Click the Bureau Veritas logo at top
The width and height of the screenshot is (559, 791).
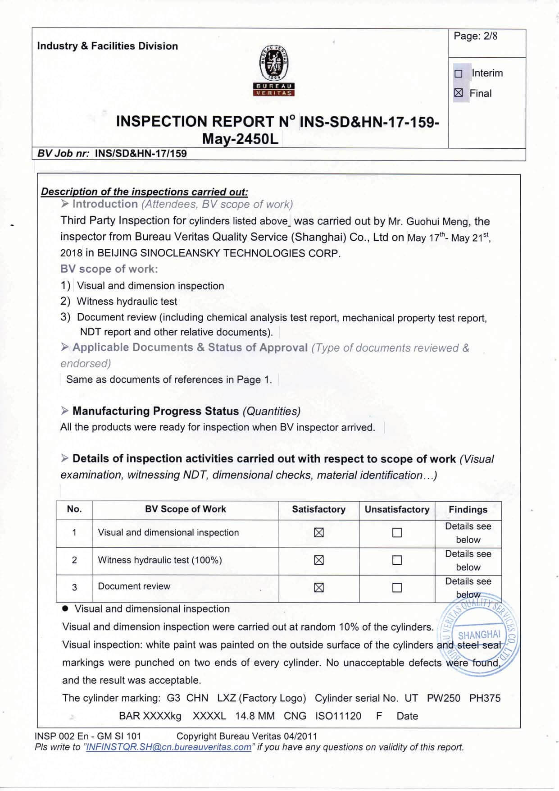click(274, 70)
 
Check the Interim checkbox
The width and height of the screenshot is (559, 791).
click(459, 73)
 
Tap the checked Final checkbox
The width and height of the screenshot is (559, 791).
click(459, 93)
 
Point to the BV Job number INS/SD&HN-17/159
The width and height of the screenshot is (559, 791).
click(141, 154)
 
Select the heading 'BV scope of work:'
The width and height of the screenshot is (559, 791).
click(109, 269)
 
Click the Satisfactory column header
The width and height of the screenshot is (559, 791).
click(318, 509)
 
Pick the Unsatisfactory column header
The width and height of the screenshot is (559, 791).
click(397, 509)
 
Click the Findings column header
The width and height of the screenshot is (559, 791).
click(468, 509)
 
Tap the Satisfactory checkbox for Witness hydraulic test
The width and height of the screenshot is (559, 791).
click(319, 560)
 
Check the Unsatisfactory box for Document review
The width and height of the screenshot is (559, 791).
click(397, 588)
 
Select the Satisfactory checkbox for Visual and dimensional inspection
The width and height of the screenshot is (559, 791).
click(319, 533)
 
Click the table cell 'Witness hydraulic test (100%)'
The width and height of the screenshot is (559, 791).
click(160, 560)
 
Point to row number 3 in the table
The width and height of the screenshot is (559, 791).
click(74, 587)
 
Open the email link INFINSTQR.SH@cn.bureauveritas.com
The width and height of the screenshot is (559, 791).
click(168, 747)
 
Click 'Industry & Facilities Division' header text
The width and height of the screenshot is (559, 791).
click(107, 46)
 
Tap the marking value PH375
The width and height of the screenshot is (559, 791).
click(485, 698)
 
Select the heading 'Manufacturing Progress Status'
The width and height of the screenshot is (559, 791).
click(155, 411)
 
